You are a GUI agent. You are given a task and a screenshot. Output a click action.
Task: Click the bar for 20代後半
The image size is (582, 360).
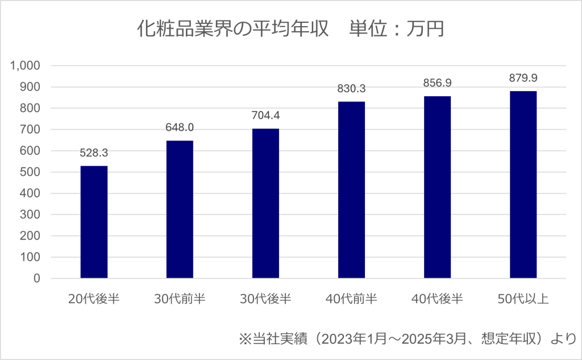point(94,222)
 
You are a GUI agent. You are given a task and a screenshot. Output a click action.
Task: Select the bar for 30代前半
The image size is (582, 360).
point(180,209)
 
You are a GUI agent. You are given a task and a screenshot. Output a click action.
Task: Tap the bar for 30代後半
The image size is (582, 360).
point(265,203)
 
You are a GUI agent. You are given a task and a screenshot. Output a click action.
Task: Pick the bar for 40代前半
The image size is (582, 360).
point(351,190)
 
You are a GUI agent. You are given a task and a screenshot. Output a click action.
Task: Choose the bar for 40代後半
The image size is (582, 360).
point(437,187)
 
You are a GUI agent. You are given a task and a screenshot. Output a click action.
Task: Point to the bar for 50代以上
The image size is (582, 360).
point(523,185)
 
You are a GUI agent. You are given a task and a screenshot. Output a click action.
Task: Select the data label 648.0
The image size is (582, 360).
point(180,128)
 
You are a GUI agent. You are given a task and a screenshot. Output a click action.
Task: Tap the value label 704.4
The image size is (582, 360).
point(265,116)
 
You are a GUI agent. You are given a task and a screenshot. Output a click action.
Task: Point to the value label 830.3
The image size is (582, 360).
point(351,89)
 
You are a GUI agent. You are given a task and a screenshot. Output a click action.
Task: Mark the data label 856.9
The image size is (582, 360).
point(437,83)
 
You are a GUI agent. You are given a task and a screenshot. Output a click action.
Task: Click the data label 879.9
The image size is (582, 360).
point(523,78)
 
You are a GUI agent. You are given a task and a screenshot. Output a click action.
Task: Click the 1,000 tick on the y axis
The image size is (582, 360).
point(25,65)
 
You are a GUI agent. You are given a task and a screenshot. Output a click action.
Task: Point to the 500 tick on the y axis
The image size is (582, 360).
point(31,172)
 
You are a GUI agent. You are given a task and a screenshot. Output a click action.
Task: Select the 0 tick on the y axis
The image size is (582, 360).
point(36,279)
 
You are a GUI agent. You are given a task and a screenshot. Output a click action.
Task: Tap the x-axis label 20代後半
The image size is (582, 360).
point(94,299)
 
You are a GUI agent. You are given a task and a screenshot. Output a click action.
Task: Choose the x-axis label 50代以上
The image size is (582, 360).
point(523,299)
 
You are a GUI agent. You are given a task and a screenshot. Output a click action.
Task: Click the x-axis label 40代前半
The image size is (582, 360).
point(351,299)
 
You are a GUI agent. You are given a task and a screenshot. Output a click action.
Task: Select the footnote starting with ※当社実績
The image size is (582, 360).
point(407,340)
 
